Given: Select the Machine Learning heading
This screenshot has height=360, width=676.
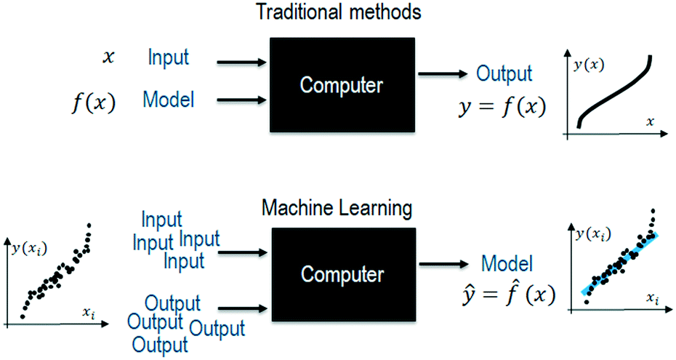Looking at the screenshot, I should click(337, 209).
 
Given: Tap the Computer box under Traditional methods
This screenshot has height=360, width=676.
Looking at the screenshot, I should click(342, 85).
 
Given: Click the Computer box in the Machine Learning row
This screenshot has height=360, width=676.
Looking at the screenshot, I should click(342, 274).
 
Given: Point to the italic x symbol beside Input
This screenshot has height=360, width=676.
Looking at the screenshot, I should click(108, 57).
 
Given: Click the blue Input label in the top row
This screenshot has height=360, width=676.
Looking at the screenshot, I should click(169, 57).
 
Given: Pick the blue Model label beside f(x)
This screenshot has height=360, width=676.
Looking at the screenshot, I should click(169, 100).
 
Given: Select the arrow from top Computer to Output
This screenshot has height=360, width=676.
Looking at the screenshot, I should click(443, 73).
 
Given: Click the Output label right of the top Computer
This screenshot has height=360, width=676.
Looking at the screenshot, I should click(504, 73).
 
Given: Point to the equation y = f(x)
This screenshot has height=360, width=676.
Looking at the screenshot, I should click(502, 107).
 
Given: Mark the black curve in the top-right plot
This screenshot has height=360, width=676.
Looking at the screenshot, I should click(614, 93).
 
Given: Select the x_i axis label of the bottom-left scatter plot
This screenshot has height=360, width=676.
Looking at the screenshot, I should click(89, 312).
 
